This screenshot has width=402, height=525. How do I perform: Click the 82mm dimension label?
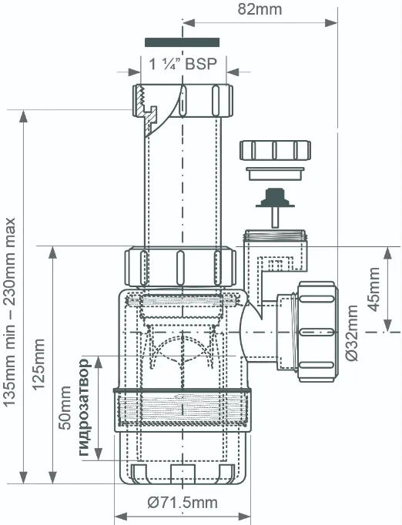(x=260, y=9)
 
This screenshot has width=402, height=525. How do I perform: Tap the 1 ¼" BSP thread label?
(x=183, y=64)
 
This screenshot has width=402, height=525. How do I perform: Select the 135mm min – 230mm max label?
(x=10, y=312)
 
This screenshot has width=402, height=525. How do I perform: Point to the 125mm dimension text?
(x=39, y=364)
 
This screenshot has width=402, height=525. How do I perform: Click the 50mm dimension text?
(x=65, y=408)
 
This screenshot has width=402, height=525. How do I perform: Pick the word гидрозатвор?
(x=84, y=407)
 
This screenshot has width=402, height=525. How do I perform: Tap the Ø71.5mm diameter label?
(x=183, y=503)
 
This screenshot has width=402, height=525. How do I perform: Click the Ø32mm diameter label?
(x=352, y=333)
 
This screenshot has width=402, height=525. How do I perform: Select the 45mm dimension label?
(x=374, y=289)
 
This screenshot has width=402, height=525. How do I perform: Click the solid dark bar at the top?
(x=182, y=42)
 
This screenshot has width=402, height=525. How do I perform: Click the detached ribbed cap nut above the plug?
(x=275, y=150)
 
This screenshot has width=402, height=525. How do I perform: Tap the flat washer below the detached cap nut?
(x=276, y=174)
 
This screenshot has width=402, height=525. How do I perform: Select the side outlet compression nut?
(x=317, y=332)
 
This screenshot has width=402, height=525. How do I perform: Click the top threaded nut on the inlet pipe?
(x=183, y=100)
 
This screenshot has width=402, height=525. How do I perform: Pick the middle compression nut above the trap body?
(x=180, y=267)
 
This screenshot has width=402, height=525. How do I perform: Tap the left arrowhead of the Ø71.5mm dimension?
(x=121, y=516)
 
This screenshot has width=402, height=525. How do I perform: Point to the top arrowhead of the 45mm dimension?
(x=388, y=253)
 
